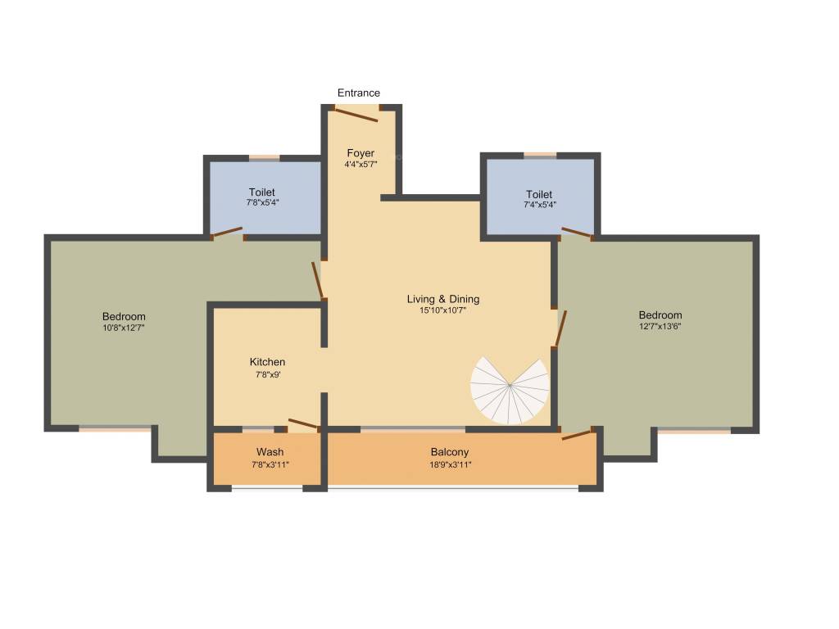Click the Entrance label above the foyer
[x=359, y=93]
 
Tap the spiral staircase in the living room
[x=510, y=389]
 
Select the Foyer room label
[x=361, y=153]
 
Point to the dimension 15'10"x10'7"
[x=442, y=310]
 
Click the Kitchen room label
[x=268, y=362]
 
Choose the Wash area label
[x=270, y=452]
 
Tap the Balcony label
[x=450, y=452]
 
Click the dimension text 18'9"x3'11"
[x=450, y=464]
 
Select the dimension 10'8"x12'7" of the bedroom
[x=124, y=328]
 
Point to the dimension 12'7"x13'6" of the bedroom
[x=660, y=326]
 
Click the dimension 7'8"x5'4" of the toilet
[x=262, y=202]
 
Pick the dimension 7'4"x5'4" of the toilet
[x=539, y=204]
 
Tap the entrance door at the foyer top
[x=353, y=115]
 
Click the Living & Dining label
[x=443, y=299]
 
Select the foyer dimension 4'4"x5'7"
[x=361, y=164]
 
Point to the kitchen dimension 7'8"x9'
[x=268, y=373]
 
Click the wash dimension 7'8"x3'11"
[x=270, y=464]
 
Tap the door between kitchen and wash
[x=304, y=424]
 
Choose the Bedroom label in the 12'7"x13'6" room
[x=660, y=315]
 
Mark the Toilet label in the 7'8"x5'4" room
[x=262, y=192]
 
